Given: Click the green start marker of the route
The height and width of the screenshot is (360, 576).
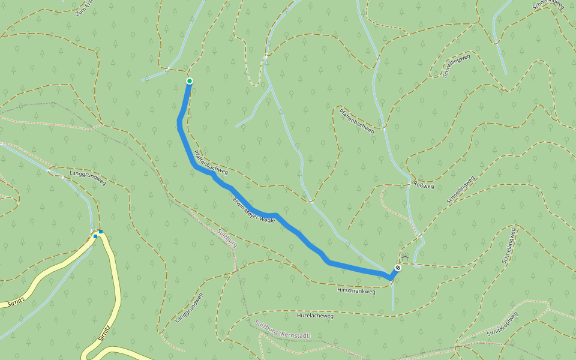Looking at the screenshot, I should pos(190,81).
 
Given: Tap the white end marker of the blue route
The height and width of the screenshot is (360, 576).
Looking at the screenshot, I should pos(398,268).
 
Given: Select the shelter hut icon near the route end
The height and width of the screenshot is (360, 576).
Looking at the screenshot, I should pos(405,258).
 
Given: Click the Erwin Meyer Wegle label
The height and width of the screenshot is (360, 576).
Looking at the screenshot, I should pos(254,209).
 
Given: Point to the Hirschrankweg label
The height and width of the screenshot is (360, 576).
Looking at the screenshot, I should pos(356,292).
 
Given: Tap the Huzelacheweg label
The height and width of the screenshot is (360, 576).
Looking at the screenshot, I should pos(315,315).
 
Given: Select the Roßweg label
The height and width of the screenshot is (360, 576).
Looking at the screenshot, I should pos(424,185).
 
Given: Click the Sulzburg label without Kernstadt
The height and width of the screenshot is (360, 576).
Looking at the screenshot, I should pos(227,236).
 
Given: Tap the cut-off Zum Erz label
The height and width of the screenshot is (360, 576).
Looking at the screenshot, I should pos(86,7).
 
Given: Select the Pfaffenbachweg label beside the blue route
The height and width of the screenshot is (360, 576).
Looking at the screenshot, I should pos(211,162).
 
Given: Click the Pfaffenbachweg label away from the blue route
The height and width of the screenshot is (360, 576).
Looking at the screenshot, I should pos(356,121).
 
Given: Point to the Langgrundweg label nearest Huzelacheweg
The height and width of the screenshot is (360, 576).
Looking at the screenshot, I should pos(190,308).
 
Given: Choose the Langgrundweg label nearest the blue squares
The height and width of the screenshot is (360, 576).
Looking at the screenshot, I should pos(88,178).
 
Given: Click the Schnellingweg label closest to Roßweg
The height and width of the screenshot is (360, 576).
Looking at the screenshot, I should pos(461,190).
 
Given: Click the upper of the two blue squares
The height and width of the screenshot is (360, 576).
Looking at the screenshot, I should pos(101,232).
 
